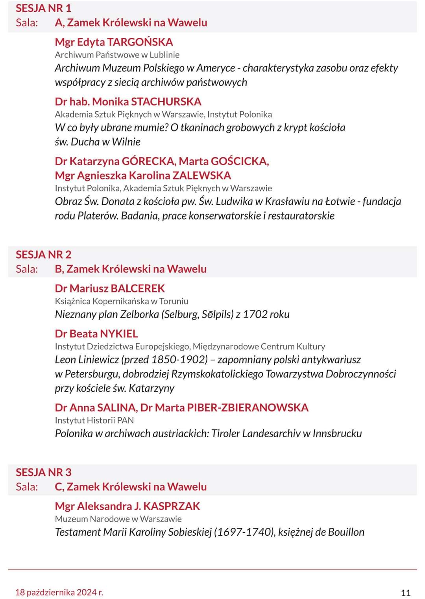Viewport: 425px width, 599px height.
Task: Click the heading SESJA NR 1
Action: pos(43,8)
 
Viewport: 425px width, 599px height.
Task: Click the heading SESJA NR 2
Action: pos(43,255)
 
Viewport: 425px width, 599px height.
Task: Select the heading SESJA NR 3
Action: pos(43,472)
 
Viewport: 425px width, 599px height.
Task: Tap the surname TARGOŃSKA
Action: pos(140,42)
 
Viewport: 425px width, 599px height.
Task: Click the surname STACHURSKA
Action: pos(166,102)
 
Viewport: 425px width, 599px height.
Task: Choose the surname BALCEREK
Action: pos(137,288)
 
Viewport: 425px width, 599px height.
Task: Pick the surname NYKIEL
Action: pos(119,334)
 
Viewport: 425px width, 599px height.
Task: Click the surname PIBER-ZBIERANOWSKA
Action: pos(248,408)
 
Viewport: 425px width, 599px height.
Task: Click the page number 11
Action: pos(406,593)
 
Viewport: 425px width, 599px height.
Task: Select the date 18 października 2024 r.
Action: pos(59,592)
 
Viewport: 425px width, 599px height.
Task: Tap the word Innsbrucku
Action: pos(337,434)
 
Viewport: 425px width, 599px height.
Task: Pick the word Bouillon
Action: pos(346,532)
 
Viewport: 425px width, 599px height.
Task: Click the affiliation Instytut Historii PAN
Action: pos(94,420)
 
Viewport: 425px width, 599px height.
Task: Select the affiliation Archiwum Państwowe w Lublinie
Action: pos(117,55)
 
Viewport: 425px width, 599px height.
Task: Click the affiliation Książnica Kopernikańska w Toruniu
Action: pos(122,301)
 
